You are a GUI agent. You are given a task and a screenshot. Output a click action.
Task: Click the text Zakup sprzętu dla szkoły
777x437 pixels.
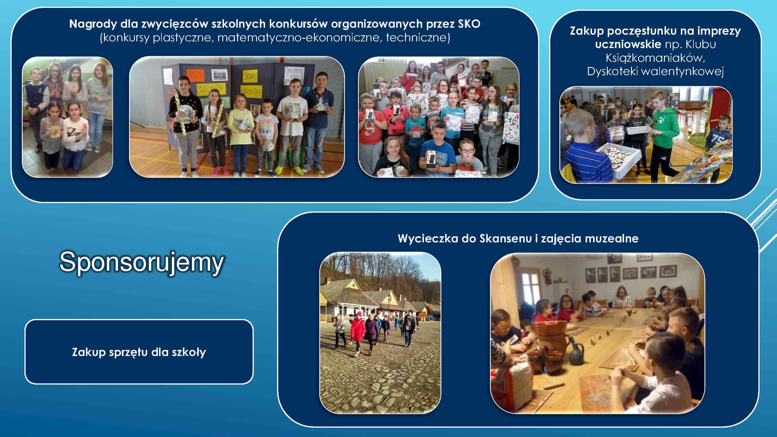click(x=139, y=352)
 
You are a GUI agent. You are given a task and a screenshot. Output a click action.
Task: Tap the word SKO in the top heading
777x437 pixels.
click(x=468, y=24)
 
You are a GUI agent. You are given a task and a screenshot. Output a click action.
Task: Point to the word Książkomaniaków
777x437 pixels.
click(x=655, y=58)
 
